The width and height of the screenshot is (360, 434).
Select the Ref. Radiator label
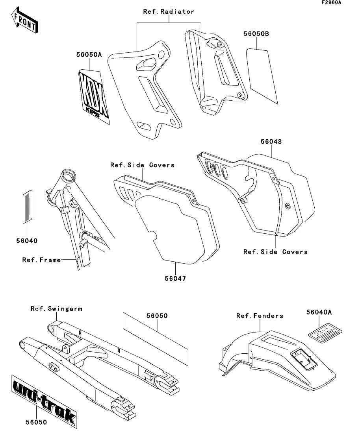coord(169,12)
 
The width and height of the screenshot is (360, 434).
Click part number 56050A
coord(89,55)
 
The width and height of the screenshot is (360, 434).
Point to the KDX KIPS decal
coord(94,96)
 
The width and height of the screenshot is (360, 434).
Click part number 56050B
coord(256,34)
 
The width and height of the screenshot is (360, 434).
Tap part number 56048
coord(271,141)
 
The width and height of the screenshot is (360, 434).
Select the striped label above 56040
coord(27,207)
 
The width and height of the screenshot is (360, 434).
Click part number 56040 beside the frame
coord(27,240)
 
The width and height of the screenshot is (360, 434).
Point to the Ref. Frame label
coord(41,260)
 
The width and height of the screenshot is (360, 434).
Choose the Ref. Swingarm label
coord(56,308)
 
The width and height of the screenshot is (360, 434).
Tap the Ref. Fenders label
coord(260,316)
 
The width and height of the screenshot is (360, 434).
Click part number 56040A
coord(319,312)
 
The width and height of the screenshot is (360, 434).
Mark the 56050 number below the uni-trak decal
coord(36,422)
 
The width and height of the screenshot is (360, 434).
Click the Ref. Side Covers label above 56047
coord(142,165)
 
